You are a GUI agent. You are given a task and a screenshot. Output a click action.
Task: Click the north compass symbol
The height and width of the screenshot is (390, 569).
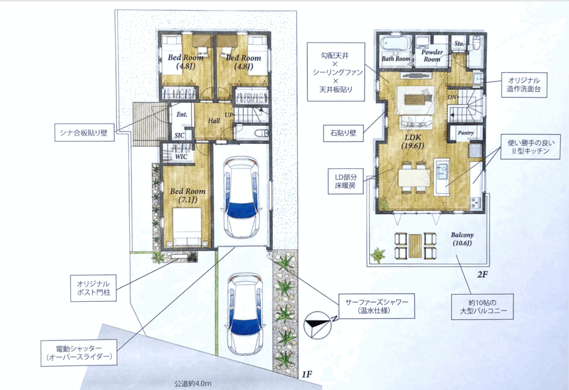tap(318, 325)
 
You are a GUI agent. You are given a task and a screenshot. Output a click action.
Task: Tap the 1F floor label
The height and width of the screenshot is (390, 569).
tap(307, 374)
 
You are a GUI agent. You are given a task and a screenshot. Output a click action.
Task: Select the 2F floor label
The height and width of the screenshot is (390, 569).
tap(482, 275)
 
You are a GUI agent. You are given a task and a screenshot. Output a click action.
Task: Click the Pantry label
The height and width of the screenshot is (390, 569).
tap(466, 133)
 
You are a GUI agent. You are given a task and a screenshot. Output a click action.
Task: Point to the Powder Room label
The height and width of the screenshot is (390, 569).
tap(432, 55)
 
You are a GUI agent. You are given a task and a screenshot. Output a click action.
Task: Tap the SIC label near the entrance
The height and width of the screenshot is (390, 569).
tap(179, 135)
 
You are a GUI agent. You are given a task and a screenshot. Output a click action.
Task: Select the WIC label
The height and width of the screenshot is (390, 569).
tap(181, 156)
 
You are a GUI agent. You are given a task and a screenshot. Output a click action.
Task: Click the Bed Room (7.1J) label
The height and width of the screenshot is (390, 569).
tap(188, 195)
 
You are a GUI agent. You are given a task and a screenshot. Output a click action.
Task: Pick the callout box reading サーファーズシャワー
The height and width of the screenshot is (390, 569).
tap(377, 306)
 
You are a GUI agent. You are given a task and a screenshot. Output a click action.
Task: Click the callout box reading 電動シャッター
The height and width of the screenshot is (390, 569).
tap(79, 353)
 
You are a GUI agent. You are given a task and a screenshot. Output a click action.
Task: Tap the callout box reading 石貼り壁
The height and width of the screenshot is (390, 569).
tap(343, 133)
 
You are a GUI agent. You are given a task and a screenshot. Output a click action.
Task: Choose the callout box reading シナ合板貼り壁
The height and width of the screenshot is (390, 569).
tap(84, 133)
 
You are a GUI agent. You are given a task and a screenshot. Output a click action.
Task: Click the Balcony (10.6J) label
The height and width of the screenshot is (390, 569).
tap(462, 239)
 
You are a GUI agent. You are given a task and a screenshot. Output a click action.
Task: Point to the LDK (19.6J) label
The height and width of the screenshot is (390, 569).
tap(413, 141)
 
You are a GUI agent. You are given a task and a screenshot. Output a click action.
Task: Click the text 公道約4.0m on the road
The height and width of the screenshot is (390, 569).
tap(193, 383)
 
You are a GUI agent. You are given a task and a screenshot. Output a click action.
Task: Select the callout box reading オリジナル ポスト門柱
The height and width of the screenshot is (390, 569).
tap(93, 288)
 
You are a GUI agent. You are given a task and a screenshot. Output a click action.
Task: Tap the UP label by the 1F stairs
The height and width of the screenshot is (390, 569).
tap(228, 115)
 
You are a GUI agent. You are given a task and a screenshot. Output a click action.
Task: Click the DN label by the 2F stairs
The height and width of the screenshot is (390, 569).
tap(452, 97)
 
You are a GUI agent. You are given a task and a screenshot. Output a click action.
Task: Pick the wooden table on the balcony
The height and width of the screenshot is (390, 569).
tap(415, 246)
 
